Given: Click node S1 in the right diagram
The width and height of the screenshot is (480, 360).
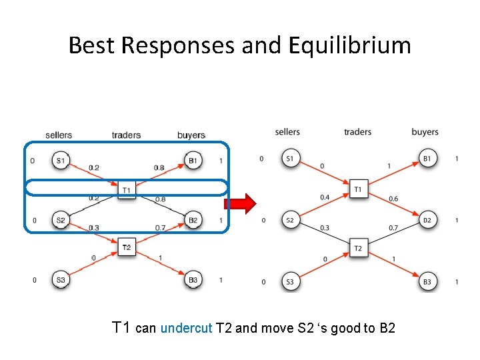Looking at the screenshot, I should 290,159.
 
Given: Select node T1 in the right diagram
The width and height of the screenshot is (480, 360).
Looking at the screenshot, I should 358,189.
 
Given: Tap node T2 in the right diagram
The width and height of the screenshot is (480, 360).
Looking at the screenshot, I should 358,249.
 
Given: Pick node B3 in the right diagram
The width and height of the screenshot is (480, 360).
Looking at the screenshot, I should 427,282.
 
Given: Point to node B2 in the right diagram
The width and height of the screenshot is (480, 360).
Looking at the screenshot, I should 427,220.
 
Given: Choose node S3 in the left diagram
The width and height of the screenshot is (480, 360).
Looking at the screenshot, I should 61,280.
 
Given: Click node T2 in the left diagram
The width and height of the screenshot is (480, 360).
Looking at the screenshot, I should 127,248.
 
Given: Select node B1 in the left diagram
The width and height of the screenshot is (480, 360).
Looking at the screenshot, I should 193,161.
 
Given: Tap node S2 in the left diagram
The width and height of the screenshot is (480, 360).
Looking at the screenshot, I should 61,220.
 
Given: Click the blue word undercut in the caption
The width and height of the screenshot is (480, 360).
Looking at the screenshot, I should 187,328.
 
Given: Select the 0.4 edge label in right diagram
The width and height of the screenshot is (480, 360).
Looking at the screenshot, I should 325,197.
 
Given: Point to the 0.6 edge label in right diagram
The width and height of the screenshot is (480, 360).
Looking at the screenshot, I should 393,199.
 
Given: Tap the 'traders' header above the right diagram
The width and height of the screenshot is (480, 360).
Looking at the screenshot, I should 358,132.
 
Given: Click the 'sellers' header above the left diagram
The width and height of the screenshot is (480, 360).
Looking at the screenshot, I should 59,135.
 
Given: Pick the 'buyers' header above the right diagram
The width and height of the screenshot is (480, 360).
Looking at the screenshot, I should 425,132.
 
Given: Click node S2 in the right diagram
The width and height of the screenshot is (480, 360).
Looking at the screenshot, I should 290,220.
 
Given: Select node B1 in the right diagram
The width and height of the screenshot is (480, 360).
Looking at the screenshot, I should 427,159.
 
